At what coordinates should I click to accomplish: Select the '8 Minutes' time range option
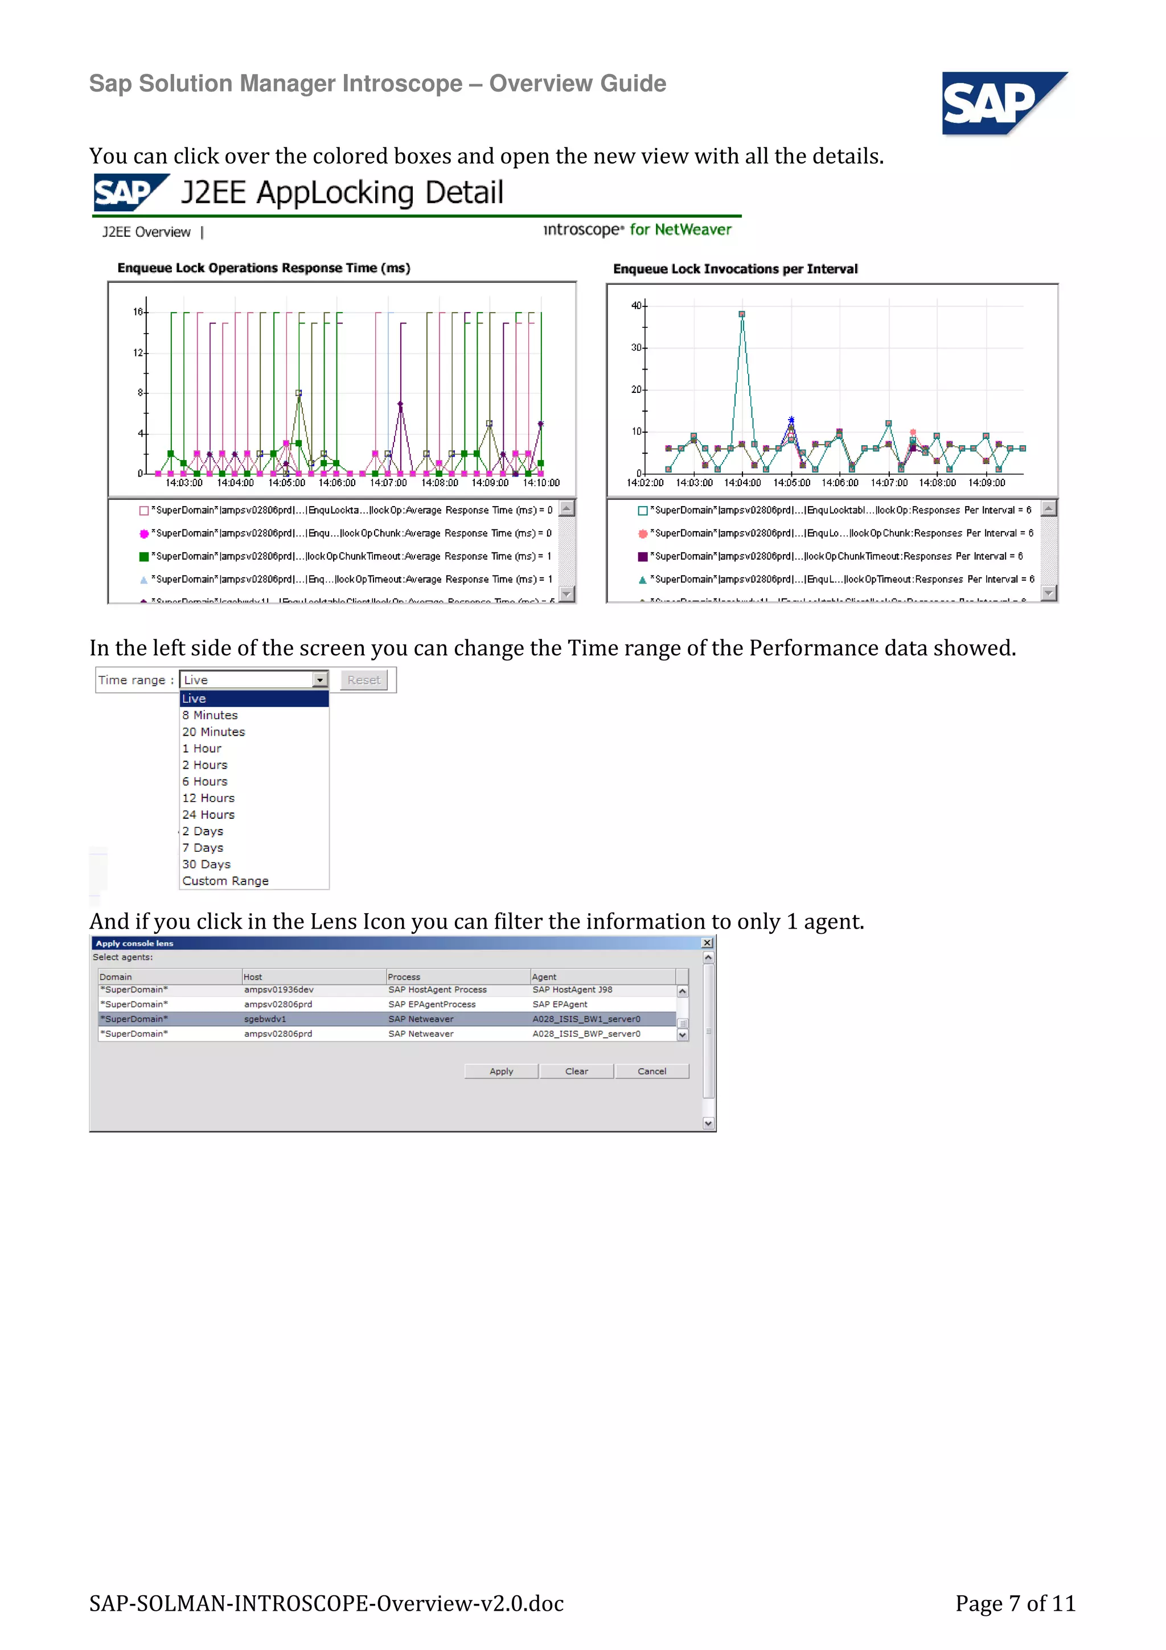point(210,715)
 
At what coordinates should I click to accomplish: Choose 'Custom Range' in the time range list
point(225,881)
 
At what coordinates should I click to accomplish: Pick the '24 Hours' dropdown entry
point(208,815)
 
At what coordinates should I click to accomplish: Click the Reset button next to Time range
point(364,680)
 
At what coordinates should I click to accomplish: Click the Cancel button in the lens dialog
point(652,1072)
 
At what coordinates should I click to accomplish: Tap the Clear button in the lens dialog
point(576,1072)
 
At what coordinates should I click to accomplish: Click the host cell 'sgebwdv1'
point(265,1019)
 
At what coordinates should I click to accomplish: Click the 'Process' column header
point(404,976)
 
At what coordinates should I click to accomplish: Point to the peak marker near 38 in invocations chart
point(742,314)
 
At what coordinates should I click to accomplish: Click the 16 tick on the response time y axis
point(137,312)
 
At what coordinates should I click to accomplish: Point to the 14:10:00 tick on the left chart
point(541,483)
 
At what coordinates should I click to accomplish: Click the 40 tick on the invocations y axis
point(636,305)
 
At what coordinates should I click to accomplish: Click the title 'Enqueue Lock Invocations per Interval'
point(735,269)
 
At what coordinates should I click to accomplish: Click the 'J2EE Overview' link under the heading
point(146,232)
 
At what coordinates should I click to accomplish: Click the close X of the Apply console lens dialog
point(707,943)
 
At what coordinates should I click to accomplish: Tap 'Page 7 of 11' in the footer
point(1015,1603)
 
